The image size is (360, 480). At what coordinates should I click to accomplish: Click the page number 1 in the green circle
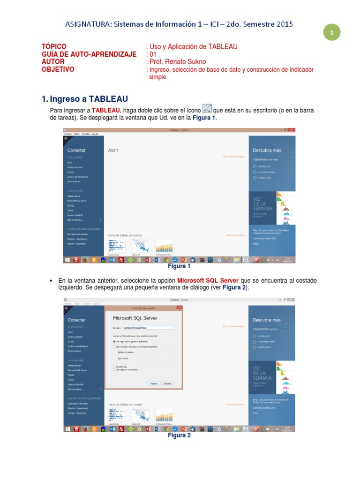331,33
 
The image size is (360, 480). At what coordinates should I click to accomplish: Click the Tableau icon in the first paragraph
207,109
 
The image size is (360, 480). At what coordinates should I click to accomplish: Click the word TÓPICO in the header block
51,46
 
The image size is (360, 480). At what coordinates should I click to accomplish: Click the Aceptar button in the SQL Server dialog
153,383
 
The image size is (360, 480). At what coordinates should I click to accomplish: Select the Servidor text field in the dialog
148,328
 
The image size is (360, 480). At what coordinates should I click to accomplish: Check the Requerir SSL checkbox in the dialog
114,367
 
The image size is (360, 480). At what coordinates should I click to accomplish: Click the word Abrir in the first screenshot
113,150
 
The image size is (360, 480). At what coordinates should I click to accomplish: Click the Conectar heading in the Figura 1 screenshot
76,150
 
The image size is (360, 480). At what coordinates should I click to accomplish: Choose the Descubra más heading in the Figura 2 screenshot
267,320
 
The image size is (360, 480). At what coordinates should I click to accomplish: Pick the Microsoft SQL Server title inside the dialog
135,318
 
